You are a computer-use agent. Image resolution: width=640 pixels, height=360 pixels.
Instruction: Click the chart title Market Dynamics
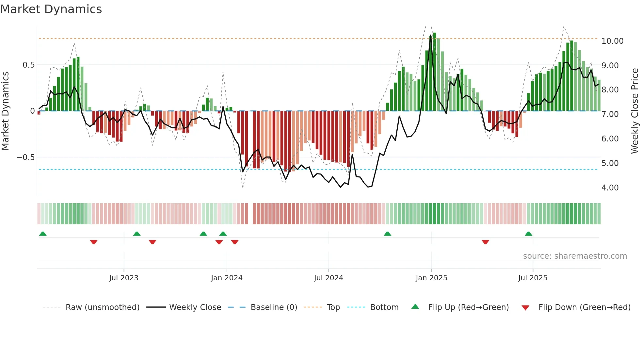point(51,9)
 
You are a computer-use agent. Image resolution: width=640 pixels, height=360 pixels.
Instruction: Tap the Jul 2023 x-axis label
point(124,278)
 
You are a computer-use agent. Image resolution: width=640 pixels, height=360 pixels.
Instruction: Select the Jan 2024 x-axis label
point(227,278)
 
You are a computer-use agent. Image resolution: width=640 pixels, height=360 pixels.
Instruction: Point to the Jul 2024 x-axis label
point(328,278)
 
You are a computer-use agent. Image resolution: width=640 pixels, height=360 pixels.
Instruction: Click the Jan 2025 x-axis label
point(431,278)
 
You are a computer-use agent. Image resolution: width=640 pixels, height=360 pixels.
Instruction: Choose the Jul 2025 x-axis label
point(533,278)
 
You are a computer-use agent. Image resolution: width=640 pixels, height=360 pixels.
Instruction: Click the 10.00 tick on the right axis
point(612,41)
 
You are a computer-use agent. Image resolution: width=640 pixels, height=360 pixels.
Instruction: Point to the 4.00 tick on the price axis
point(610,188)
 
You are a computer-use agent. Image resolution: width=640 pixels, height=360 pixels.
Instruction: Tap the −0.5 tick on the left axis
point(25,157)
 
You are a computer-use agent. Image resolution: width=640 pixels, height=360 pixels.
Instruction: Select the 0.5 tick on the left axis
point(28,65)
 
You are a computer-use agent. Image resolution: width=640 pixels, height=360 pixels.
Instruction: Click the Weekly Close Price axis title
point(634,111)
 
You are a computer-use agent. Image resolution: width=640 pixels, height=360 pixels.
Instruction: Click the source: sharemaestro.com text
point(575,256)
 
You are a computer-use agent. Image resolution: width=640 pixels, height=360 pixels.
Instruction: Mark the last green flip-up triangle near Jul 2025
point(528,234)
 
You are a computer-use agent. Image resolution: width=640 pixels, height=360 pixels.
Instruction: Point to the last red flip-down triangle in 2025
point(485,242)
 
